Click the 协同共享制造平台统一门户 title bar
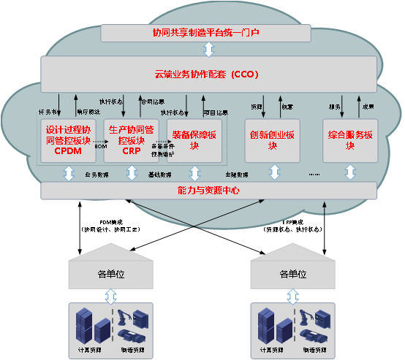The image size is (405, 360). pyautogui.click(x=207, y=33)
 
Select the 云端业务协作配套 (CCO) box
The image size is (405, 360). pyautogui.click(x=207, y=74)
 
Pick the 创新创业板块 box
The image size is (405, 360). pyautogui.click(x=271, y=140)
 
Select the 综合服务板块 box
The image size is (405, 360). pyautogui.click(x=351, y=140)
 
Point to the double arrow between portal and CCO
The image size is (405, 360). pyautogui.click(x=208, y=50)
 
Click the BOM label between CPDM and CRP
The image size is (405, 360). pyautogui.click(x=100, y=147)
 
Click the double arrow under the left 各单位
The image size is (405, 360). pyautogui.click(x=110, y=296)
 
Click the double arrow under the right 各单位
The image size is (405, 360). pyautogui.click(x=292, y=296)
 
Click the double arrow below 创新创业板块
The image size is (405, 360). pyautogui.click(x=275, y=173)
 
